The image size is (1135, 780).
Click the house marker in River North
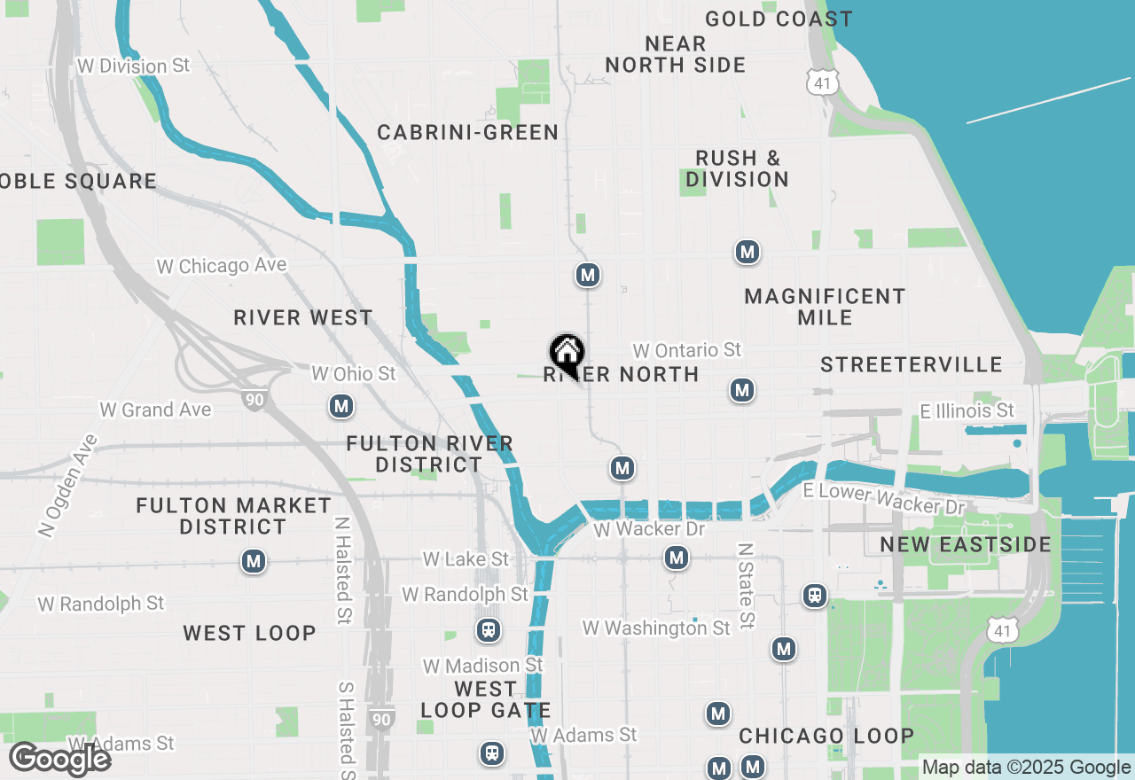[x=566, y=354]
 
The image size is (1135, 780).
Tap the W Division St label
[x=133, y=66]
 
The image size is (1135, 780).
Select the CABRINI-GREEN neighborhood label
[x=467, y=133]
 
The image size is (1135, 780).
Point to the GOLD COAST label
[x=779, y=19]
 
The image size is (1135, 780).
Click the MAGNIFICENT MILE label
[x=825, y=307]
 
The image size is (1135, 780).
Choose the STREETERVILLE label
[x=911, y=364]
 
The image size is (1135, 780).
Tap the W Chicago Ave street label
[x=222, y=266]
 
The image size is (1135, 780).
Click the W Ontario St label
[x=686, y=351]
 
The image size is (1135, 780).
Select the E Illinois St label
[x=967, y=410]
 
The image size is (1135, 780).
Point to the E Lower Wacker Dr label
[x=883, y=498]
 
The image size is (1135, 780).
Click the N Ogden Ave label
[x=67, y=486]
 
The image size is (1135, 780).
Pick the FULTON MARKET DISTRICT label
[x=233, y=516]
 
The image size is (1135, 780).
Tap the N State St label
[x=747, y=588]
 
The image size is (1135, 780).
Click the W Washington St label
[x=656, y=628]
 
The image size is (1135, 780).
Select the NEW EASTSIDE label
[x=965, y=544]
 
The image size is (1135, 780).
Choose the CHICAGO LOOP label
[x=826, y=736]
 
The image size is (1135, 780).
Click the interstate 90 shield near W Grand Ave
[x=254, y=400]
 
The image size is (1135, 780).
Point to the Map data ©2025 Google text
[x=1025, y=768]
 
